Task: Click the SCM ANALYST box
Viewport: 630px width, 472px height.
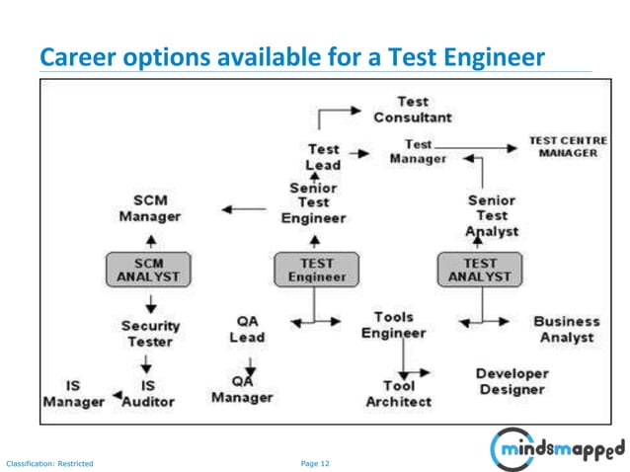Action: (148, 270)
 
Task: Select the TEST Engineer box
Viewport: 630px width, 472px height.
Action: (316, 270)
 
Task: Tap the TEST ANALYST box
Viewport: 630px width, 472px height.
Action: (480, 270)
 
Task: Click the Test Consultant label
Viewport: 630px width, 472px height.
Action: (413, 109)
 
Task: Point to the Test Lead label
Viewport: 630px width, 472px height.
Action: (323, 157)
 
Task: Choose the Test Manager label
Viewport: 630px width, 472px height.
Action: (418, 152)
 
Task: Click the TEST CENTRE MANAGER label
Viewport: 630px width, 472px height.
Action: (568, 147)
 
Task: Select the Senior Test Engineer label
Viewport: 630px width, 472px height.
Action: (313, 202)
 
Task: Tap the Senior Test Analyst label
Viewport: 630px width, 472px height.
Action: (492, 215)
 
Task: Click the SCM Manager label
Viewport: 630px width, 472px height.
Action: (150, 207)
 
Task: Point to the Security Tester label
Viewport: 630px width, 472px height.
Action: (150, 333)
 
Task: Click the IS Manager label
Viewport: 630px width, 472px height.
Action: (73, 393)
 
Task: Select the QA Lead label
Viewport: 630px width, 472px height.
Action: (247, 329)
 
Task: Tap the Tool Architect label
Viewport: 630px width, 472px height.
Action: (398, 393)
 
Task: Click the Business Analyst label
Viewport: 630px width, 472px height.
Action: (566, 329)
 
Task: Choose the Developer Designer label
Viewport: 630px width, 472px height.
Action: (512, 381)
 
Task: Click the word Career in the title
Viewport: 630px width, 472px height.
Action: (73, 58)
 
